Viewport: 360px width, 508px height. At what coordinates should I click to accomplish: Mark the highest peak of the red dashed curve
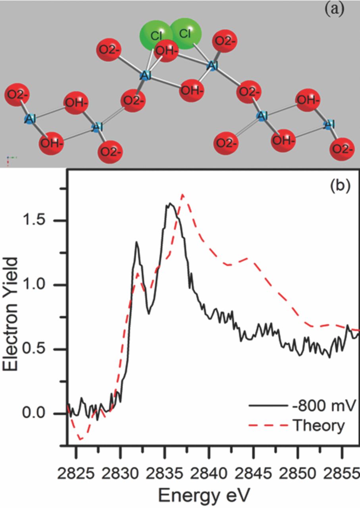[x=182, y=194]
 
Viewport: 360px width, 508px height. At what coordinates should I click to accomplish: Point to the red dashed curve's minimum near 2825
[x=81, y=440]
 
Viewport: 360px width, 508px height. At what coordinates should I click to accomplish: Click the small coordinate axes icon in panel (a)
[x=11, y=159]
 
